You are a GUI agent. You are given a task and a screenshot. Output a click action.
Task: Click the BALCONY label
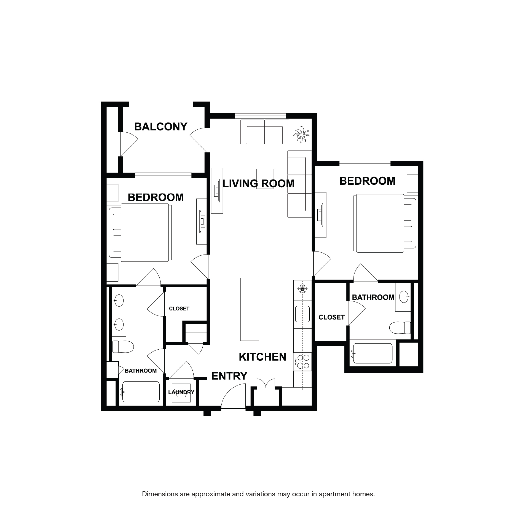pyautogui.click(x=161, y=127)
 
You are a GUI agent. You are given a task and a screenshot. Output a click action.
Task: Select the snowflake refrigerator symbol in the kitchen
pyautogui.click(x=302, y=289)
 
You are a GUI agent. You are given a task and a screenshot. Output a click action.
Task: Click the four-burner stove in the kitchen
pyautogui.click(x=303, y=361)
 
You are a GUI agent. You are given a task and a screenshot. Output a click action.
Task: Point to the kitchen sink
pyautogui.click(x=302, y=314)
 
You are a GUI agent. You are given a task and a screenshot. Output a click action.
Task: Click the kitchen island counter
pyautogui.click(x=250, y=309)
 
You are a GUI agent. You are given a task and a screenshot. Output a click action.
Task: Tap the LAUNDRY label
pyautogui.click(x=181, y=392)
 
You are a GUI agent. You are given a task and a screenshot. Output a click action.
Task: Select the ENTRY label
pyautogui.click(x=229, y=376)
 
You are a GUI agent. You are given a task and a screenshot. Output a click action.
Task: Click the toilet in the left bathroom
pyautogui.click(x=123, y=347)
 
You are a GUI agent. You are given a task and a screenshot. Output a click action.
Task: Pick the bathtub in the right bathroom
pyautogui.click(x=373, y=353)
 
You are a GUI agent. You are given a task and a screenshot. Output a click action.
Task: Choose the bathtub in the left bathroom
pyautogui.click(x=141, y=392)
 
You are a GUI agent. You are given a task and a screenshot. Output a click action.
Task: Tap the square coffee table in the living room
pyautogui.click(x=265, y=179)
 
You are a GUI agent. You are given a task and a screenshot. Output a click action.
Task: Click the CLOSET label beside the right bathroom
pyautogui.click(x=331, y=317)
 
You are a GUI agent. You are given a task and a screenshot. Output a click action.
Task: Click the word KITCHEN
pyautogui.click(x=262, y=357)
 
